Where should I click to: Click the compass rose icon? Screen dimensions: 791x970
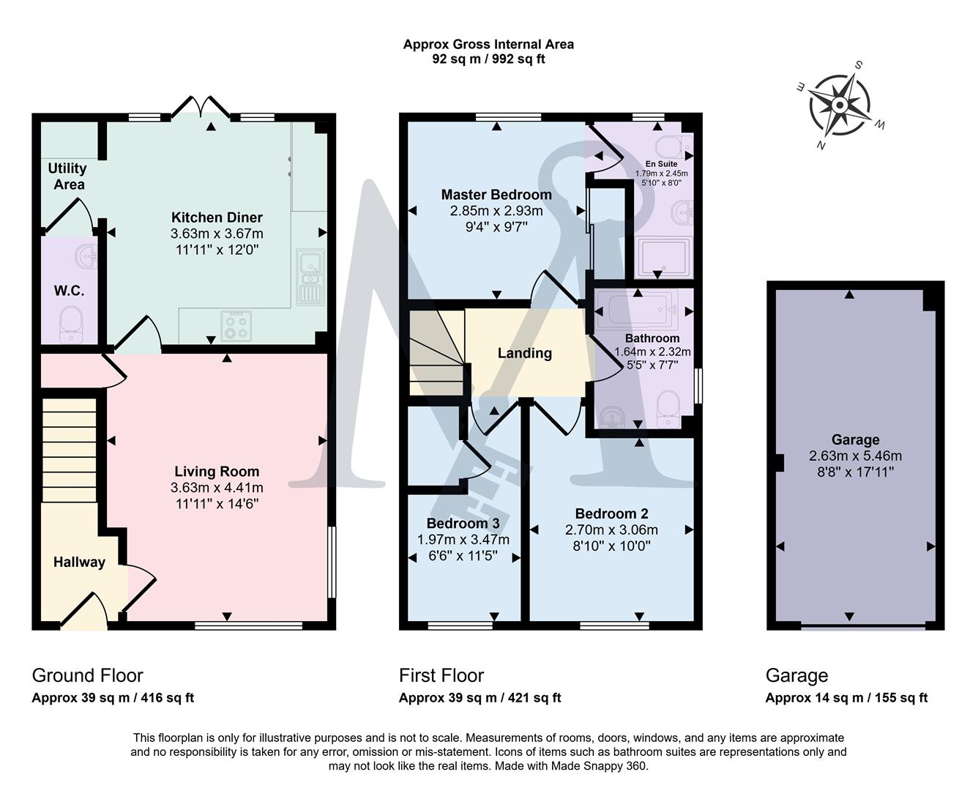pyautogui.click(x=840, y=105)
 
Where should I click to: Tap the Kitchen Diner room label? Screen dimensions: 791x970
pyautogui.click(x=217, y=218)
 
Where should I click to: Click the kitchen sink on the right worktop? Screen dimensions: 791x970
pyautogui.click(x=310, y=277)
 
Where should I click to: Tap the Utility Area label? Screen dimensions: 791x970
pyautogui.click(x=67, y=177)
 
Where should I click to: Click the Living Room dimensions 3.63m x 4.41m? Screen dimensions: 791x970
pyautogui.click(x=217, y=488)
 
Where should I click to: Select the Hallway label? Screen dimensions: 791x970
pyautogui.click(x=79, y=562)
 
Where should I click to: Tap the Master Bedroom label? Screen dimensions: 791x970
pyautogui.click(x=496, y=195)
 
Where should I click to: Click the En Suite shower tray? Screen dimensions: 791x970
pyautogui.click(x=662, y=258)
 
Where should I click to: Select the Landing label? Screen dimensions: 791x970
pyautogui.click(x=524, y=353)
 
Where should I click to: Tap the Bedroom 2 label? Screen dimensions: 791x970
pyautogui.click(x=611, y=513)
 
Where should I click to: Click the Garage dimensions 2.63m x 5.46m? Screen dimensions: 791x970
pyautogui.click(x=855, y=456)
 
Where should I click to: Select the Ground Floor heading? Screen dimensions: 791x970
pyautogui.click(x=87, y=675)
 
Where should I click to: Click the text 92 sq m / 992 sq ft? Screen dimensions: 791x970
pyautogui.click(x=488, y=59)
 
